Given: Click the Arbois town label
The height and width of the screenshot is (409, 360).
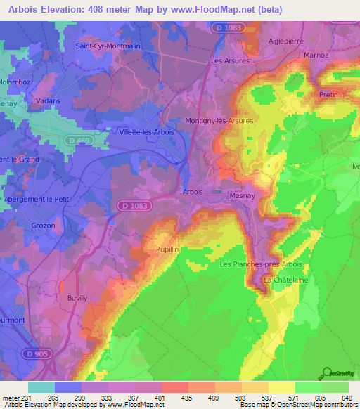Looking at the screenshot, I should (x=192, y=192).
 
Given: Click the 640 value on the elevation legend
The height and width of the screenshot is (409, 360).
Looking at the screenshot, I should (x=346, y=398).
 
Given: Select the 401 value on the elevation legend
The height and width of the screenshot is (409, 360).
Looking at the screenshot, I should (x=160, y=398).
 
